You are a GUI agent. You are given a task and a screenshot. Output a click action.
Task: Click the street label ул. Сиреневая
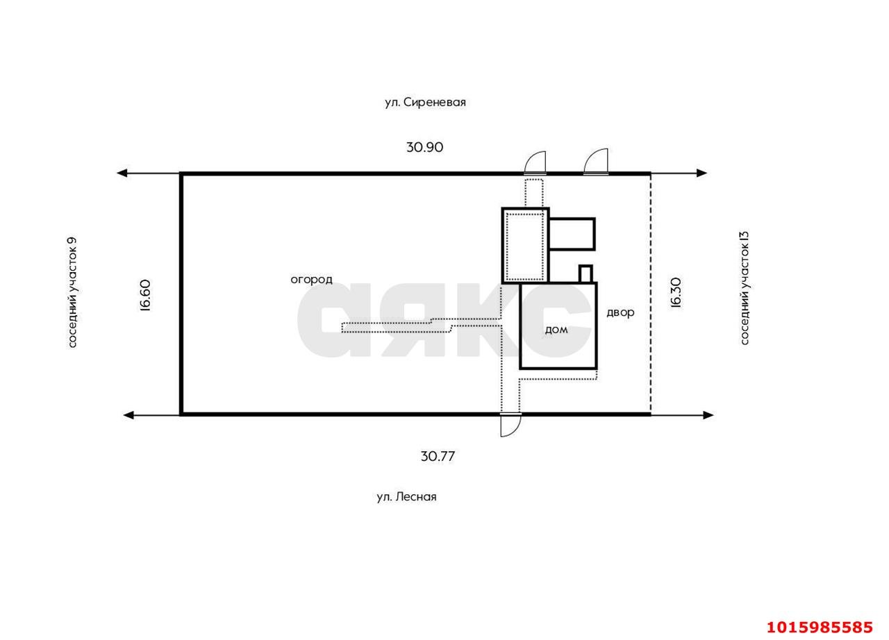(425, 102)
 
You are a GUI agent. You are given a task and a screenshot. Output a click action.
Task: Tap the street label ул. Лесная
(406, 497)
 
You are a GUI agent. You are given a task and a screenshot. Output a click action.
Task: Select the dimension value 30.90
(424, 147)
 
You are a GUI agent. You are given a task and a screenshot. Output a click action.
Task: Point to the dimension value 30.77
(438, 457)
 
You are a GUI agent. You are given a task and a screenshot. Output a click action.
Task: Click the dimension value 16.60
(146, 296)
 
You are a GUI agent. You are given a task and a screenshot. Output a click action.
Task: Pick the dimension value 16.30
(676, 293)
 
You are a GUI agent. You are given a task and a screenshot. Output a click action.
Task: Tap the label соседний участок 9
(72, 293)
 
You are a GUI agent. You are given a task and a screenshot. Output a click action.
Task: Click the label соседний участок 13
(745, 288)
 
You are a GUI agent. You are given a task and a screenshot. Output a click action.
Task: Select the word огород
(312, 280)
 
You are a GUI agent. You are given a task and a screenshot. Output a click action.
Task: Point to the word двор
(620, 313)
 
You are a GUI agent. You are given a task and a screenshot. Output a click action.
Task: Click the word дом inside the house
(556, 330)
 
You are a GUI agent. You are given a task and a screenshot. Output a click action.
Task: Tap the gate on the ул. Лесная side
(510, 425)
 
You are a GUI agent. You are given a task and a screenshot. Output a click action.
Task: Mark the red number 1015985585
(820, 628)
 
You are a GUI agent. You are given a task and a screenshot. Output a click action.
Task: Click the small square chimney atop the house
(585, 273)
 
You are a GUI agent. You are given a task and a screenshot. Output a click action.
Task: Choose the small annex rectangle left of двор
(572, 234)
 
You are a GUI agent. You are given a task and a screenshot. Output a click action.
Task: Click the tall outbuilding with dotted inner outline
(525, 246)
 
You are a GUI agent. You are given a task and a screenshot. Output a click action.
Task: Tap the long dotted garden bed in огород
(421, 325)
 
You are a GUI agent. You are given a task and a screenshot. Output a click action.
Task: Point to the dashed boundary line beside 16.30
(650, 294)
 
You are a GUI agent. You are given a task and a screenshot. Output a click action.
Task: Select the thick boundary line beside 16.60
(181, 294)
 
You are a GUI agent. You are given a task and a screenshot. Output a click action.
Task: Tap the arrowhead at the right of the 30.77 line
(708, 415)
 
